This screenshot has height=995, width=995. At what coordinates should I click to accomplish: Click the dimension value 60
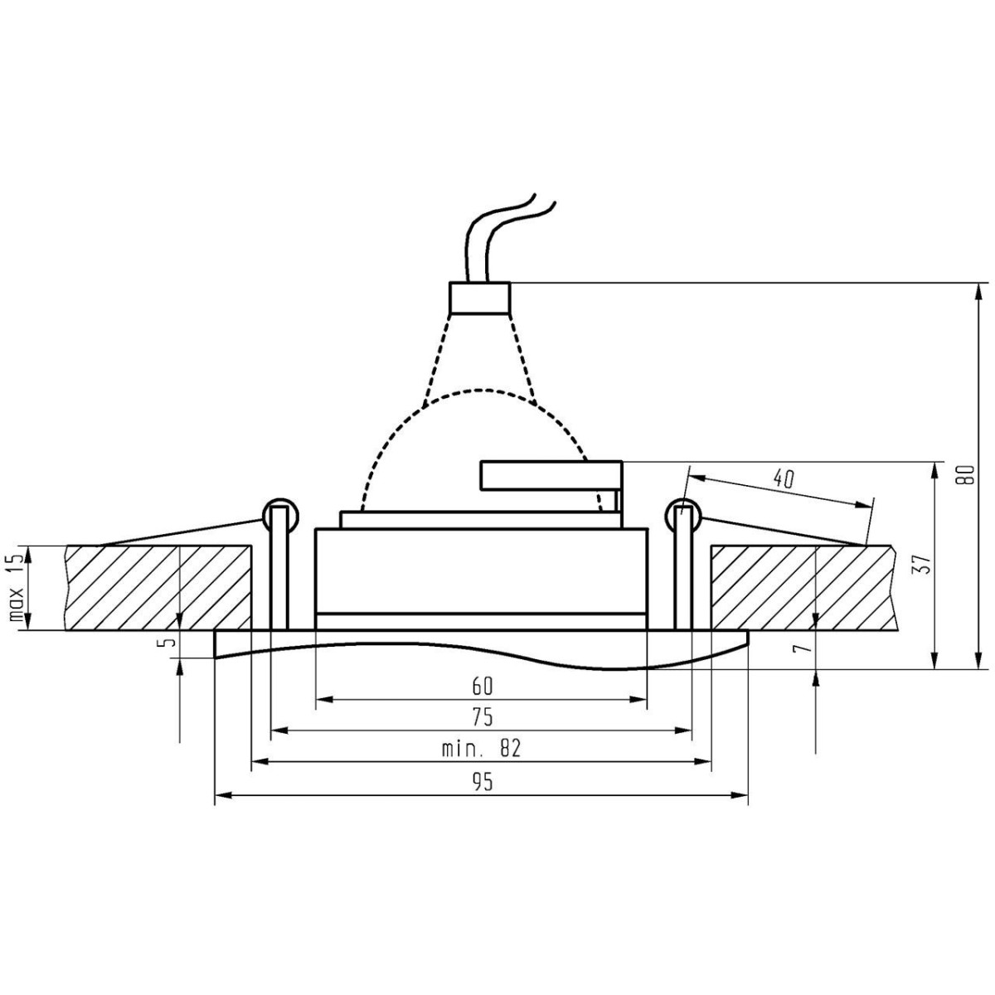coord(483,686)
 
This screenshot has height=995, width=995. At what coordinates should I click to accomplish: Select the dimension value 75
coord(483,716)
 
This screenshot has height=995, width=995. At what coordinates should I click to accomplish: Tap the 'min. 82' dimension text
coord(481,749)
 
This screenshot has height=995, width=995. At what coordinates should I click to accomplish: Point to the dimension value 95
coord(483,781)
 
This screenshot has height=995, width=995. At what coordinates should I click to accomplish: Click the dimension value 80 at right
coord(963,474)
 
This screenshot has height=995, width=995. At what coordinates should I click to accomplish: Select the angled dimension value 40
coord(783,478)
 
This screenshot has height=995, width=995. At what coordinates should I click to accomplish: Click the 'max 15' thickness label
coord(14,589)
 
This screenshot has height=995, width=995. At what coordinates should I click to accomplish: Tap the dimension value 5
coord(170,643)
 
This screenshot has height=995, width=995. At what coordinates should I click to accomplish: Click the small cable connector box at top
coord(479,298)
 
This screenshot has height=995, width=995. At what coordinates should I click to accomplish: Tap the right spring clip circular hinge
coord(684,516)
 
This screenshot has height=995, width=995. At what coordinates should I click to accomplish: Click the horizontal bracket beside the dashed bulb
coord(549,475)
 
